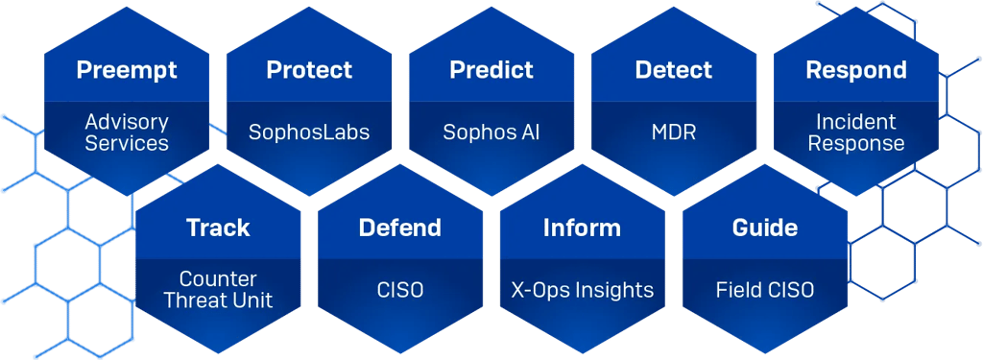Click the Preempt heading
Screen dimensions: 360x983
click(x=127, y=71)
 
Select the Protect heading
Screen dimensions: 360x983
click(x=309, y=71)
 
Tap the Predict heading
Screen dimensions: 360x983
click(x=491, y=71)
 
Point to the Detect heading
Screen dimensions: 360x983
click(x=674, y=71)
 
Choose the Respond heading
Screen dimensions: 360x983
click(x=856, y=71)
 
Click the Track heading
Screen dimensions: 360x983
click(x=218, y=228)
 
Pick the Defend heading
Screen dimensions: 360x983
click(x=400, y=228)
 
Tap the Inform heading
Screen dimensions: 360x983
click(x=582, y=228)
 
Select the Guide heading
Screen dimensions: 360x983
click(x=765, y=228)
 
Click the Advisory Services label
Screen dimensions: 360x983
click(x=127, y=132)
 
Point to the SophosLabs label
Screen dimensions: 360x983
click(x=309, y=132)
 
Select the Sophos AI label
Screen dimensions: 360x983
click(x=491, y=132)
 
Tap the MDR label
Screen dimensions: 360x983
click(x=674, y=132)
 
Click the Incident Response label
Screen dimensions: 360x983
click(x=856, y=132)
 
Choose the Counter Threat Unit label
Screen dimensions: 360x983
click(x=218, y=290)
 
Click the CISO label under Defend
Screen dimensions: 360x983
click(x=400, y=290)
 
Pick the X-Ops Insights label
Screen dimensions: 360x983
click(x=582, y=290)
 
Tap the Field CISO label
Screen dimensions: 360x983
click(x=765, y=290)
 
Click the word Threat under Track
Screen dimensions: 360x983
click(x=196, y=300)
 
